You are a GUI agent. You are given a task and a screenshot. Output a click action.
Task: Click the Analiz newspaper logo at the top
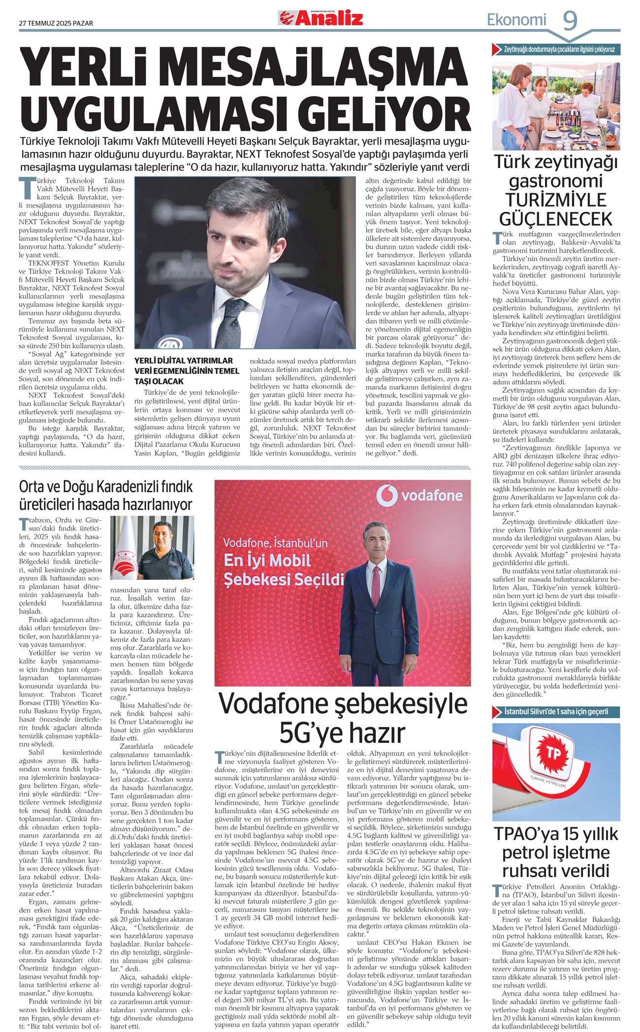(x=321, y=18)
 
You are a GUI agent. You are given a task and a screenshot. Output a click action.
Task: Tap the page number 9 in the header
(x=570, y=21)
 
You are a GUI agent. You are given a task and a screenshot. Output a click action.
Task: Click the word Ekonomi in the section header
(x=516, y=20)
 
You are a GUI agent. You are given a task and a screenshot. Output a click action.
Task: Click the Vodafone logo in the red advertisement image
(x=419, y=496)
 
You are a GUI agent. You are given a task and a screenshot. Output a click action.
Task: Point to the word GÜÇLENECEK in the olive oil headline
(x=556, y=218)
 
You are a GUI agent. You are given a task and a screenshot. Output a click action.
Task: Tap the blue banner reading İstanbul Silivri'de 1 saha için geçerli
(x=556, y=712)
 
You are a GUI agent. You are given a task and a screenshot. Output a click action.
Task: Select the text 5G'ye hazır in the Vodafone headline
(x=342, y=732)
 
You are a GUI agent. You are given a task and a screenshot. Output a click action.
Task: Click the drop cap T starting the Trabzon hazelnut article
(x=23, y=524)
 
